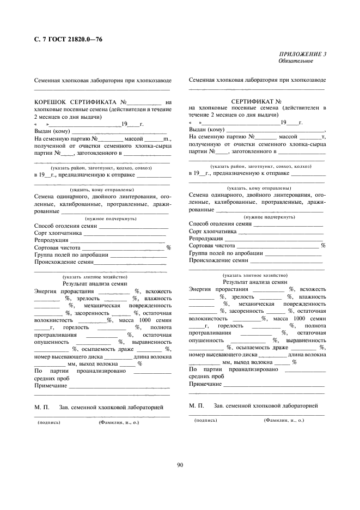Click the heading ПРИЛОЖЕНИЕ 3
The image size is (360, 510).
(303, 54)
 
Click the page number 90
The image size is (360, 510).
(180, 464)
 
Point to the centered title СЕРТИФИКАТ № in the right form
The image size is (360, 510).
(256, 101)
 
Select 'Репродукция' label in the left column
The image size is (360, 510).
(51, 240)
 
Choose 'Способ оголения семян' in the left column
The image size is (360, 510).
(65, 225)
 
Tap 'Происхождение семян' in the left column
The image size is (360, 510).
(61, 262)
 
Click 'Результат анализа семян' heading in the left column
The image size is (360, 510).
(95, 283)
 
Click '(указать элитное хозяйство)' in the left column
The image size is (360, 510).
(95, 277)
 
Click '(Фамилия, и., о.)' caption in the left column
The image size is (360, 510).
(119, 422)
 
